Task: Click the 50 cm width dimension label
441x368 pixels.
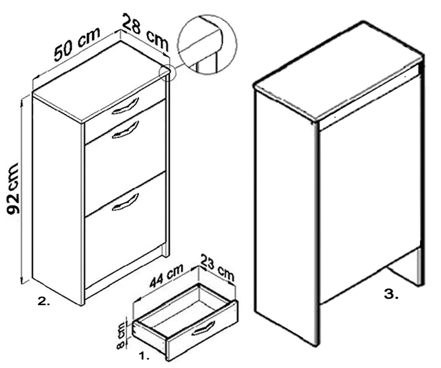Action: point(77,44)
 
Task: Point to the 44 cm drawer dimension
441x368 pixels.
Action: point(166,275)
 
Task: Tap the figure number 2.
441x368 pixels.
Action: point(44,301)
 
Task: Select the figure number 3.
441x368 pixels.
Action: point(391,294)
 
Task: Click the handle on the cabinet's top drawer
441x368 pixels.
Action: point(125,106)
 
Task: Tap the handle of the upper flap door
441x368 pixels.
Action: point(125,130)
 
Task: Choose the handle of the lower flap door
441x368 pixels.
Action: point(125,202)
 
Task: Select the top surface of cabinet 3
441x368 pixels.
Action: point(338,72)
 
